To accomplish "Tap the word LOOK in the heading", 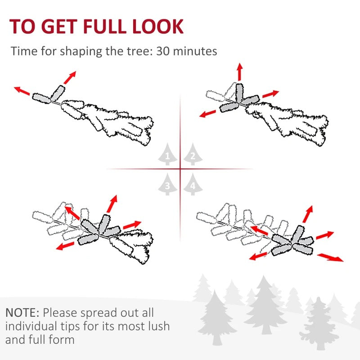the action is coord(158,27).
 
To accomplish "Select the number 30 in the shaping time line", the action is coord(162,51).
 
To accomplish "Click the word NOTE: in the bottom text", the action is coord(22,313).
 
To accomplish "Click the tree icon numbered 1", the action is coord(167,154).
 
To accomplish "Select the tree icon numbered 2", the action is coord(193,154).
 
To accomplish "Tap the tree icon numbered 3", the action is coord(167,184).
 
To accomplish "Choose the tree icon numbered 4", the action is coord(193,184).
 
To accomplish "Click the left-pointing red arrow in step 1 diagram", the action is coord(22,90).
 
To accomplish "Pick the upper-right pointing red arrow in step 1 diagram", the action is coord(70,77).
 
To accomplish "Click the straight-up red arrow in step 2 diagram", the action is coord(240,72).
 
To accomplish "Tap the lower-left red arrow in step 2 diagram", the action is coord(207,114).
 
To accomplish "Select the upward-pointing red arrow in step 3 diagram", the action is coord(112,203).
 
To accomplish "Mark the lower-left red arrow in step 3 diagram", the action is coord(65,246).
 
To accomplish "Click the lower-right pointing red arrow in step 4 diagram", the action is coord(330,257).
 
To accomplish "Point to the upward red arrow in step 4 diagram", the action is coord(308,214).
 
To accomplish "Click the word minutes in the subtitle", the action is coord(195,51).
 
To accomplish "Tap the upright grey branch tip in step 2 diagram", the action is coord(239,93).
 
